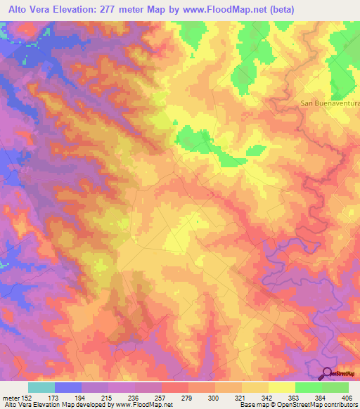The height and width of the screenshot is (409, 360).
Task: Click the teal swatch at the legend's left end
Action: click(x=41, y=387)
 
